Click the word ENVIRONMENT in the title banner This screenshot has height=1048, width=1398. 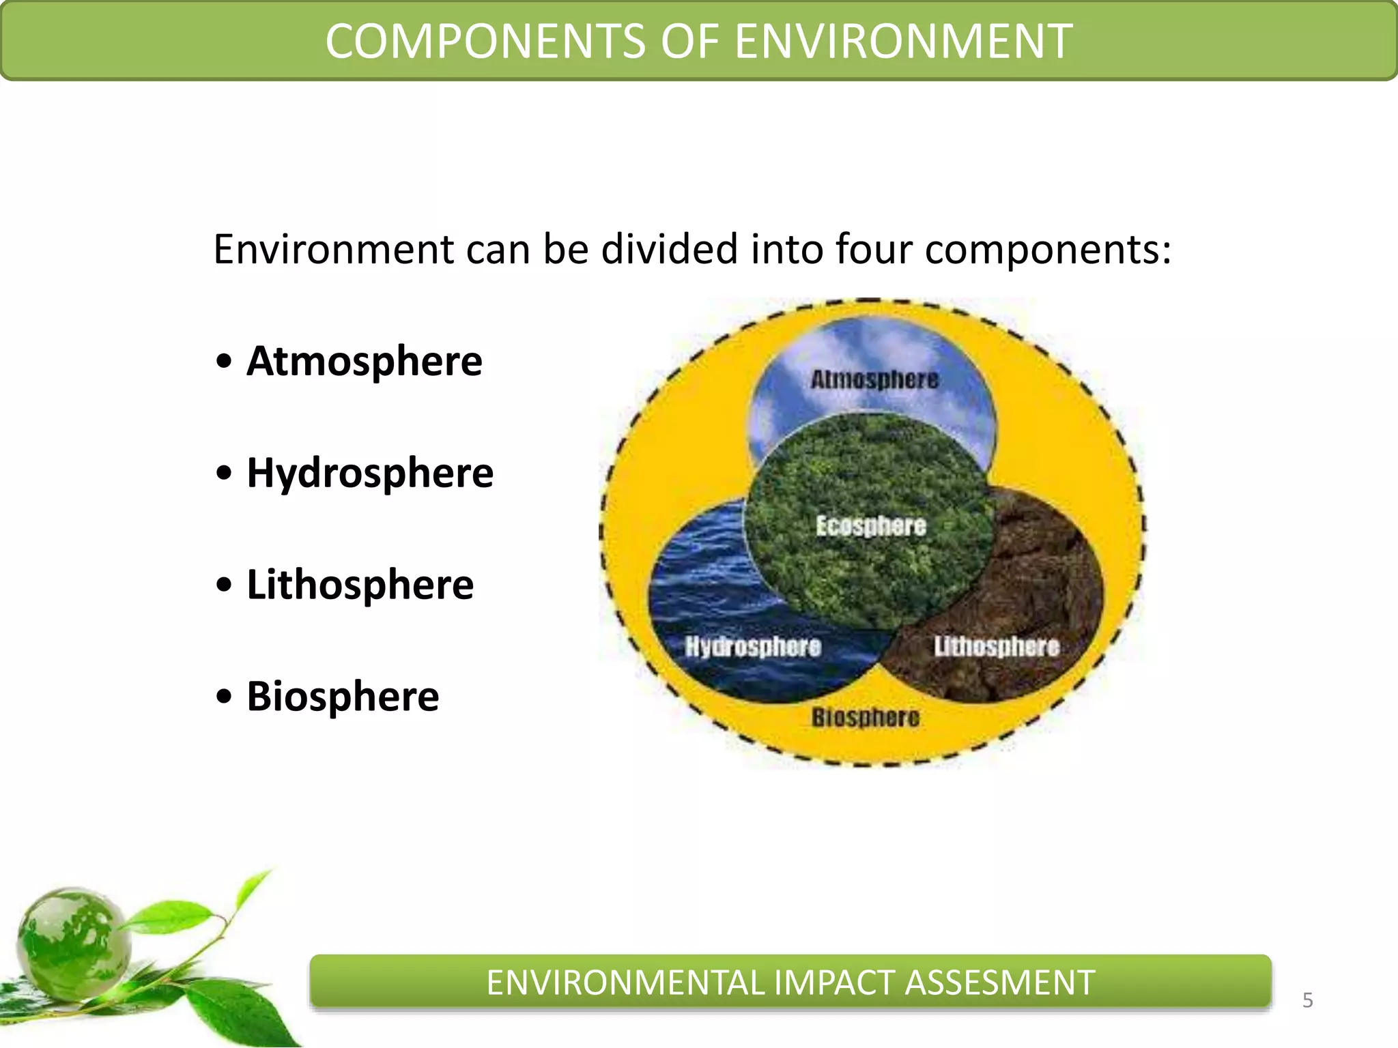pyautogui.click(x=903, y=42)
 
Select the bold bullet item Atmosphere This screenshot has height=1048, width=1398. pyautogui.click(x=364, y=361)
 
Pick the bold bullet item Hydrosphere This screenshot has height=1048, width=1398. pyautogui.click(x=369, y=473)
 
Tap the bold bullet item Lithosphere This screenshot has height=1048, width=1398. pyautogui.click(x=360, y=585)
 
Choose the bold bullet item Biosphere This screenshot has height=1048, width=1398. pyautogui.click(x=343, y=697)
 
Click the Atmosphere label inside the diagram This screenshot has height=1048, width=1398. pyautogui.click(x=874, y=380)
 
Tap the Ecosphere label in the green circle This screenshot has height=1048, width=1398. pyautogui.click(x=871, y=526)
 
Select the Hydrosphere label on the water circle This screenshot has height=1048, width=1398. pyautogui.click(x=753, y=646)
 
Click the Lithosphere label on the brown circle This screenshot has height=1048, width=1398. pyautogui.click(x=997, y=646)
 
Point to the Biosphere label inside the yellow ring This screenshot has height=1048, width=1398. pyautogui.click(x=866, y=718)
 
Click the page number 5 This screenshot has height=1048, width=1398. pyautogui.click(x=1307, y=1001)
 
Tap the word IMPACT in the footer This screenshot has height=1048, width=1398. pyautogui.click(x=835, y=983)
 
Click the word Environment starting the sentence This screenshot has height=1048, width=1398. pyautogui.click(x=334, y=249)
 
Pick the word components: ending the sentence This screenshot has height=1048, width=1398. pyautogui.click(x=1048, y=250)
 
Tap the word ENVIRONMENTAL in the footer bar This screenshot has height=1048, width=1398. pyautogui.click(x=625, y=983)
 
